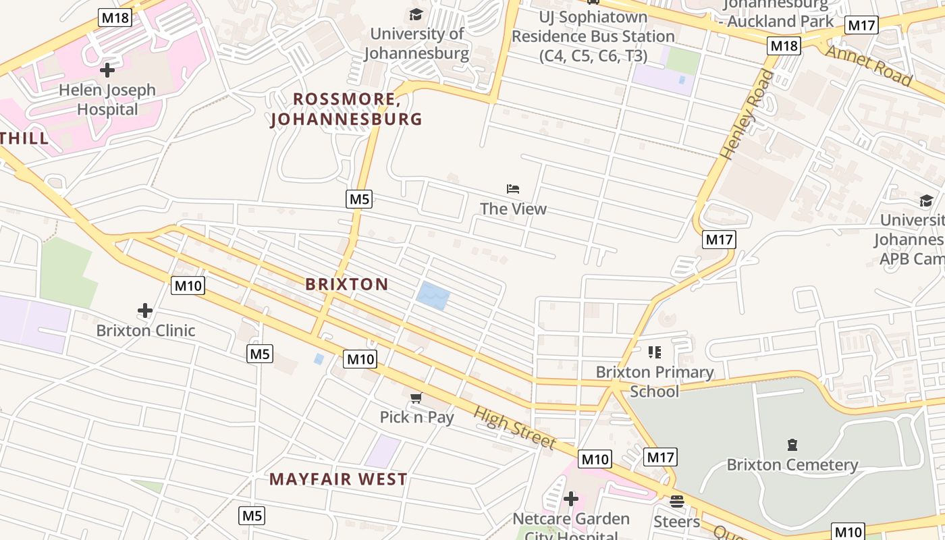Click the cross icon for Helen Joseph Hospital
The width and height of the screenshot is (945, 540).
pos(107,70)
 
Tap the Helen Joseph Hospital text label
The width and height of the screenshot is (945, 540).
pos(107,99)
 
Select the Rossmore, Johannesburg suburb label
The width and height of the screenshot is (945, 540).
pos(346,109)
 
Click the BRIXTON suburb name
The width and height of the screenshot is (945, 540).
pos(347,284)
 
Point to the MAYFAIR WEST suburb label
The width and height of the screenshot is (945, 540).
pos(338,479)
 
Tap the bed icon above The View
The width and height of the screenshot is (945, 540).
pos(513,189)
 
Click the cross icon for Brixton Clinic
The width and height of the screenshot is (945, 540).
pos(145,310)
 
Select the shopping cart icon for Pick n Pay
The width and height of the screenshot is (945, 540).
pos(416,398)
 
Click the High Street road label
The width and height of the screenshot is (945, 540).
pos(514,428)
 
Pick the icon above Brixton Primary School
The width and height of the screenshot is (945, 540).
pos(654,352)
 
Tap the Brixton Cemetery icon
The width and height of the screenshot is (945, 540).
pos(792,445)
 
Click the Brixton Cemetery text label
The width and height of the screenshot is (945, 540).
pos(792,465)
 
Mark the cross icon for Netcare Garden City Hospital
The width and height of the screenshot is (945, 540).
pos(571,499)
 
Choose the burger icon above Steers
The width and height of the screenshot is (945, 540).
pos(676,502)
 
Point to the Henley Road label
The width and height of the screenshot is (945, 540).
pos(747,115)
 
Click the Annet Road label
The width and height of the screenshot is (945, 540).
pos(869,65)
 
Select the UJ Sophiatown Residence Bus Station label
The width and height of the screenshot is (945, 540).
pos(593,36)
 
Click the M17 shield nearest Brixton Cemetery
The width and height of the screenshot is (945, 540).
pos(659,457)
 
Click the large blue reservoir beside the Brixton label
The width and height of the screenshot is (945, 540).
pos(432,296)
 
